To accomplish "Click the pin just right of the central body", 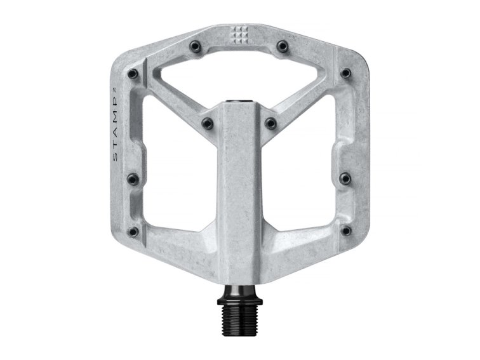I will click(x=271, y=122).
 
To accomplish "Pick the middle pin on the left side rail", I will click(x=134, y=177).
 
